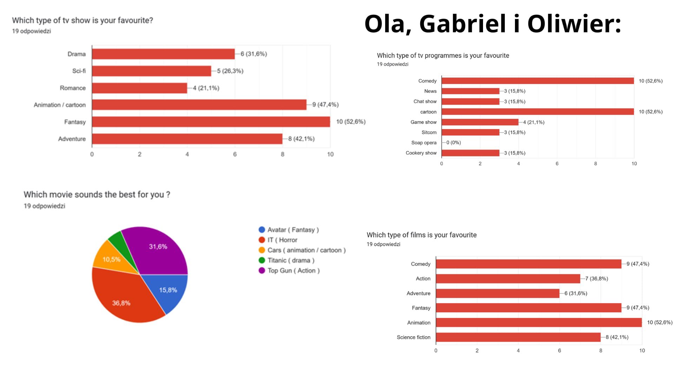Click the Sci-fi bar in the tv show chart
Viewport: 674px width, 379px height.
(x=151, y=71)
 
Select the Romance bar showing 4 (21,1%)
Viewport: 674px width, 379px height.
(x=139, y=88)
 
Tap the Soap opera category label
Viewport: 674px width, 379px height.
(x=424, y=143)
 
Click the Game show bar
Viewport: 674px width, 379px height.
(x=480, y=122)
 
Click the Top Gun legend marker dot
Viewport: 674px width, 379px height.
(x=262, y=271)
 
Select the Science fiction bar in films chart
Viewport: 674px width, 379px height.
(x=518, y=337)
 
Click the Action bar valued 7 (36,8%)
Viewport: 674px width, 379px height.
(x=508, y=279)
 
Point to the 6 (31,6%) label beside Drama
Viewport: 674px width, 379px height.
(x=253, y=54)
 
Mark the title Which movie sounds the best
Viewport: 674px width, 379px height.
(x=97, y=194)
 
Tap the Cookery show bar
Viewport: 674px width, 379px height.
(x=470, y=153)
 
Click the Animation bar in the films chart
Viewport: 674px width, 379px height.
(x=539, y=323)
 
